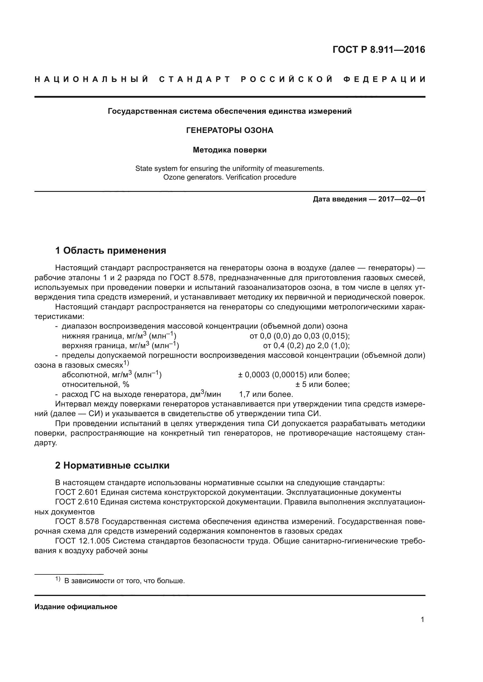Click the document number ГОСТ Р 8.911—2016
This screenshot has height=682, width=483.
[x=379, y=50]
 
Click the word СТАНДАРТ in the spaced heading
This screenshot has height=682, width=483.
[x=195, y=80]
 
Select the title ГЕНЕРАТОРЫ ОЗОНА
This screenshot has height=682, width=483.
[x=230, y=130]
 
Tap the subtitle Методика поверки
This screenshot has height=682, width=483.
[x=230, y=150]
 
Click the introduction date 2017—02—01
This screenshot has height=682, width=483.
[x=402, y=199]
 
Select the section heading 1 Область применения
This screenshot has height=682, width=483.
[x=110, y=251]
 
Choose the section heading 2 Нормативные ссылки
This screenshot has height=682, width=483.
[x=112, y=465]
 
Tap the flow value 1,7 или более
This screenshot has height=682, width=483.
[x=266, y=395]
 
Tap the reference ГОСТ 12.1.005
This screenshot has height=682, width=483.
[x=82, y=541]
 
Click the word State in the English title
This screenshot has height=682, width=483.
[x=142, y=169]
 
